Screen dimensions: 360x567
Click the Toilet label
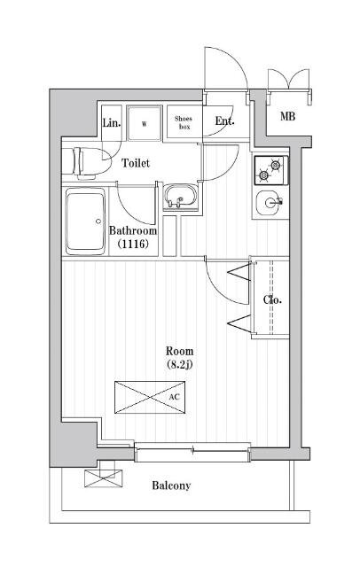tap(136, 163)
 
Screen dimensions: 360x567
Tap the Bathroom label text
tap(133, 230)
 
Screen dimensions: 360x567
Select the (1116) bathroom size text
tap(133, 245)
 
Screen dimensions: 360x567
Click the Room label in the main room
tap(179, 351)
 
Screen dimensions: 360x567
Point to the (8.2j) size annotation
tap(179, 364)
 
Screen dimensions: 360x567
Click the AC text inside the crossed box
tap(174, 397)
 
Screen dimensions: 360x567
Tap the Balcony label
tap(171, 485)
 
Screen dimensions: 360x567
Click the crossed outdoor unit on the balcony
tap(104, 478)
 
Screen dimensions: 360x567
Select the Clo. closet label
tap(272, 299)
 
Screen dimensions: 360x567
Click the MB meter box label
tap(287, 116)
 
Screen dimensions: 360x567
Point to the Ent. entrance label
tap(224, 121)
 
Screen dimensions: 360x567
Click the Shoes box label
tap(184, 122)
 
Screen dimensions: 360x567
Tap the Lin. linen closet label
tap(112, 123)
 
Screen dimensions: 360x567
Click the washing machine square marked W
tap(145, 123)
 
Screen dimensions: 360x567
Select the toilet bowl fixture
tap(91, 163)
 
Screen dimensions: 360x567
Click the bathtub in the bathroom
tap(85, 221)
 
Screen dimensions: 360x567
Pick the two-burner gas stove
tap(271, 170)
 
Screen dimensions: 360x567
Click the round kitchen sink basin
tap(270, 202)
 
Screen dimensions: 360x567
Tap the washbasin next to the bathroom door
tap(179, 197)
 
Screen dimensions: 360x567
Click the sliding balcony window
tap(192, 452)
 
